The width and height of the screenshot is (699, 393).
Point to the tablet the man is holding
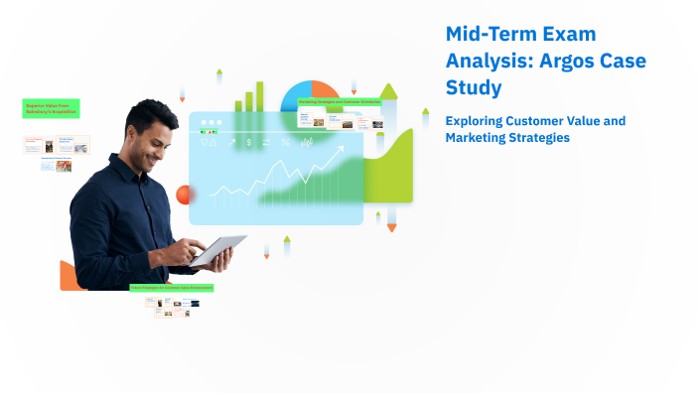click(218, 249)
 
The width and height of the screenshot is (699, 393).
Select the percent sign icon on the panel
click(285, 143)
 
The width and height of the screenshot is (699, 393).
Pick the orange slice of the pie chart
click(325, 92)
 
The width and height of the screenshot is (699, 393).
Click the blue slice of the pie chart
click(295, 97)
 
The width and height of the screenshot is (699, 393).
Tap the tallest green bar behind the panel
click(260, 96)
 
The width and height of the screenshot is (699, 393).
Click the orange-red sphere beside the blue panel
click(183, 195)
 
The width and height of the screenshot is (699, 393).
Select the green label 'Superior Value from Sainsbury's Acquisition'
click(51, 109)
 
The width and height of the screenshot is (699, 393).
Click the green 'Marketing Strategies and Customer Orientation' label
click(340, 101)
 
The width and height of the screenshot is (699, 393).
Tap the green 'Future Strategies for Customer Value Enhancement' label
click(172, 288)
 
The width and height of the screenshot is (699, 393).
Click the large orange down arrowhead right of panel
click(391, 227)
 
